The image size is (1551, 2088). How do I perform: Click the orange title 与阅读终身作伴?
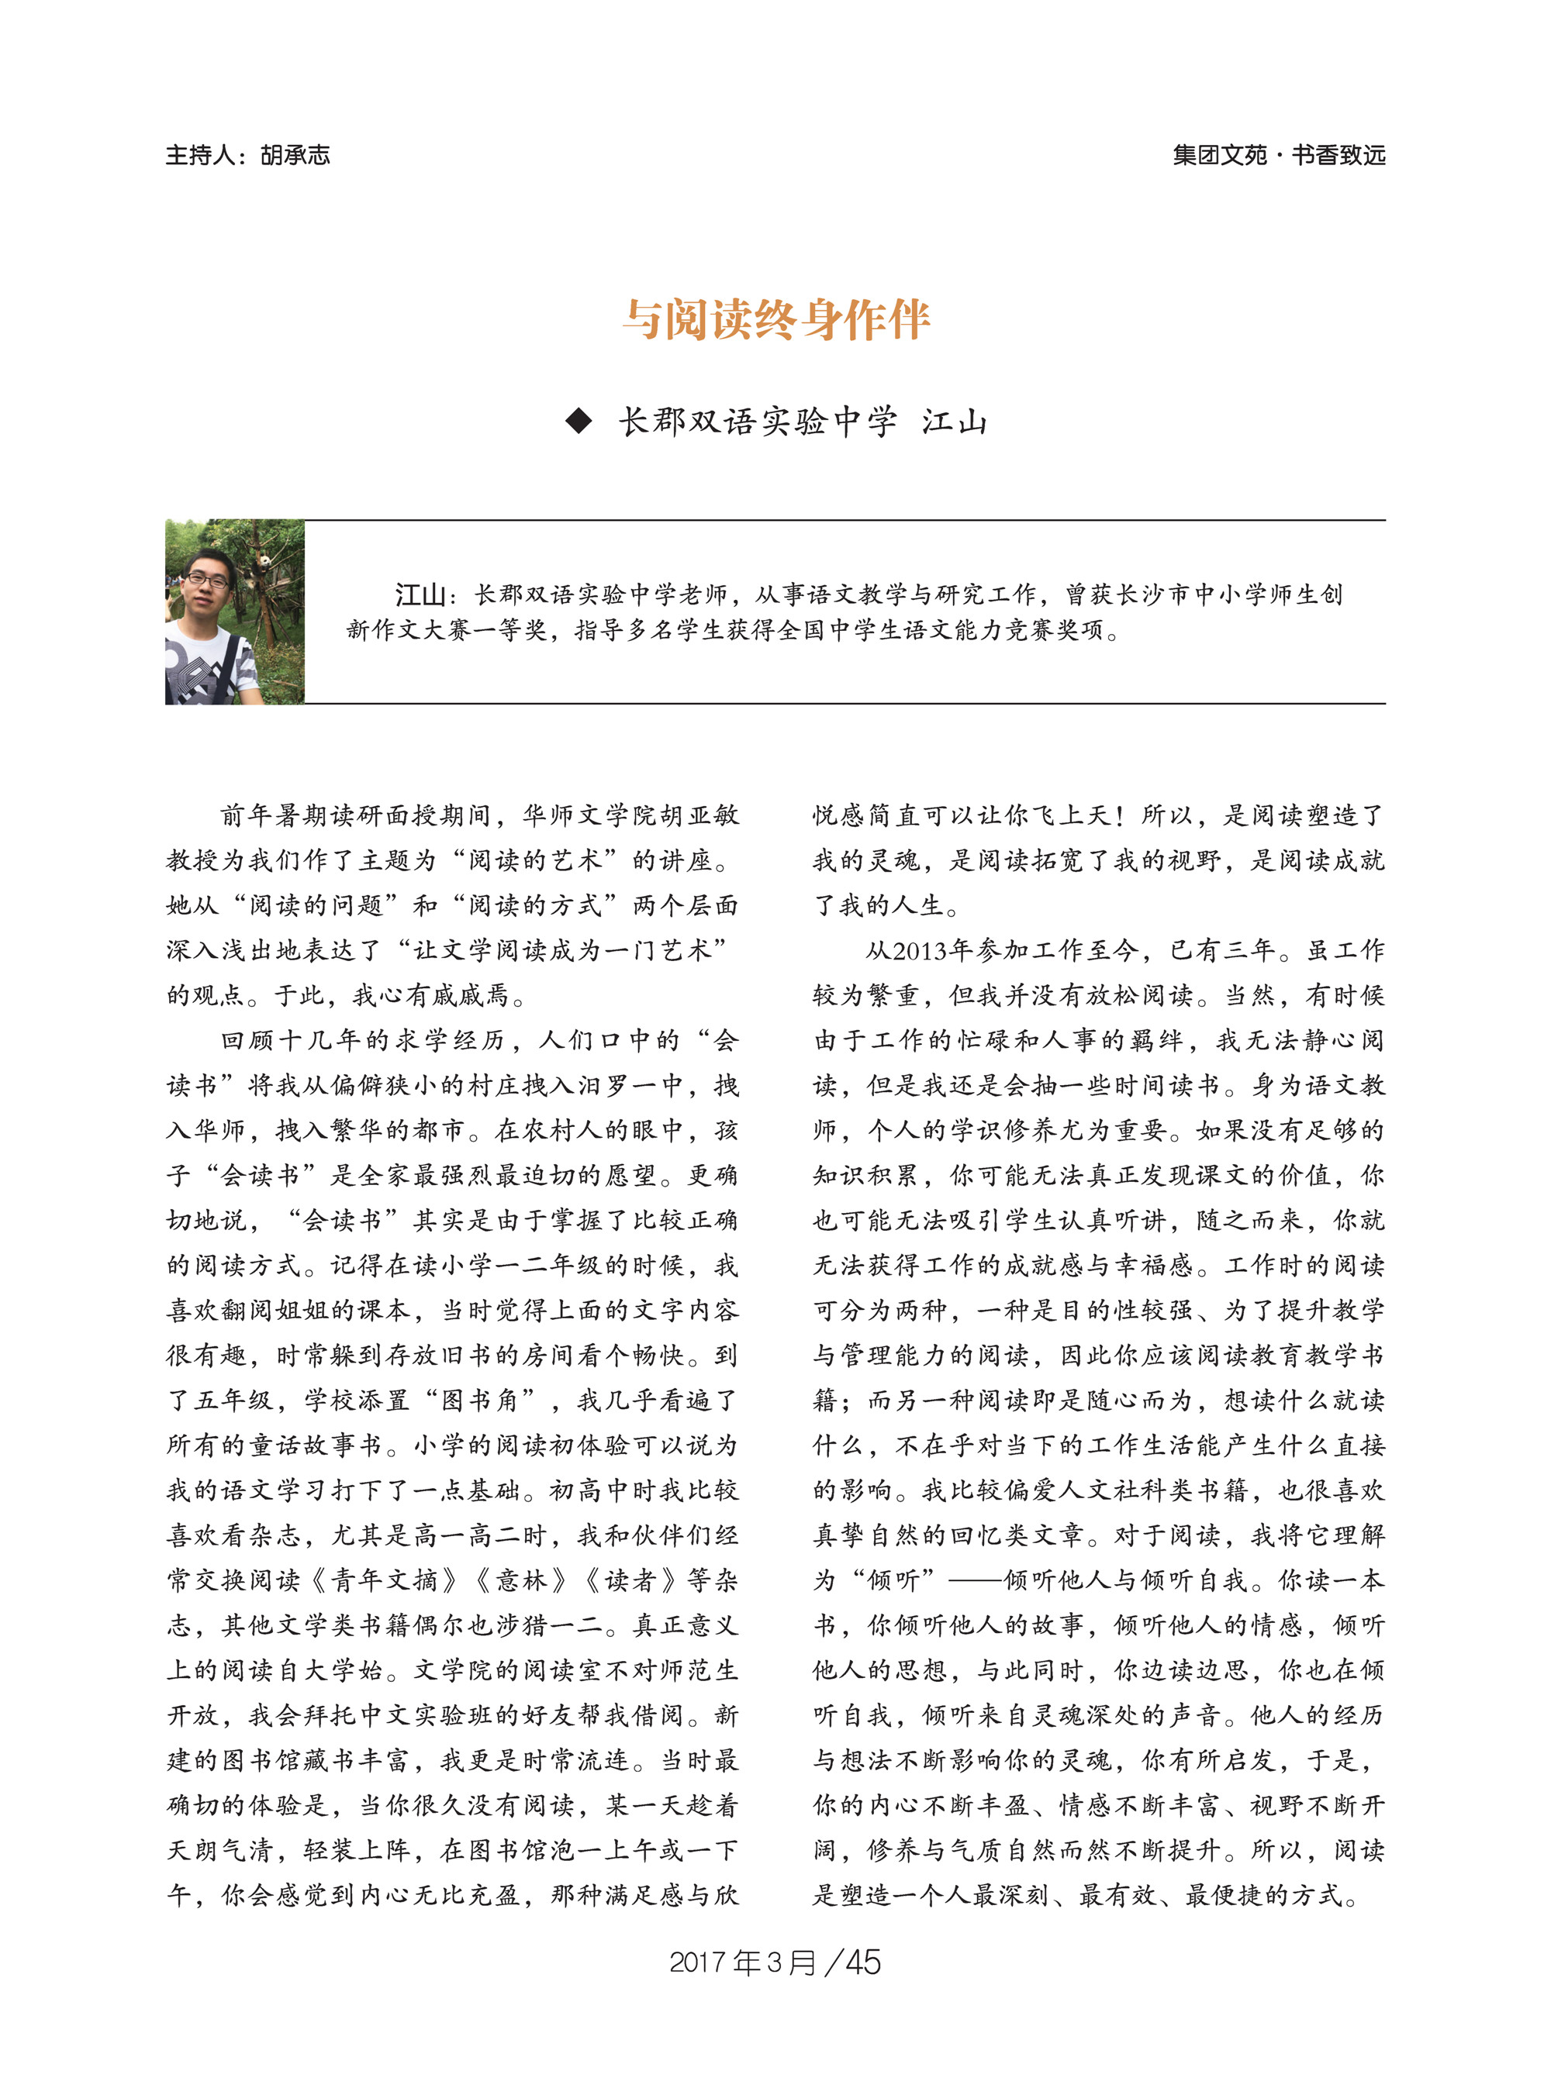coord(775,320)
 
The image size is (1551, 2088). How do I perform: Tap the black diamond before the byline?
coord(579,422)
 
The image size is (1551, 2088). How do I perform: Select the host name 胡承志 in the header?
coord(295,155)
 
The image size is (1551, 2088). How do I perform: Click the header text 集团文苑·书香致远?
coord(1279,155)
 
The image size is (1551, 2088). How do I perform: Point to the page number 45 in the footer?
coord(863,1962)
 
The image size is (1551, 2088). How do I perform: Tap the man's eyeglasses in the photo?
coord(206,579)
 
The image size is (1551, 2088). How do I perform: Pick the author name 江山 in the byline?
coord(954,422)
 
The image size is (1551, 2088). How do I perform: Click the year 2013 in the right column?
coord(919,951)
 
